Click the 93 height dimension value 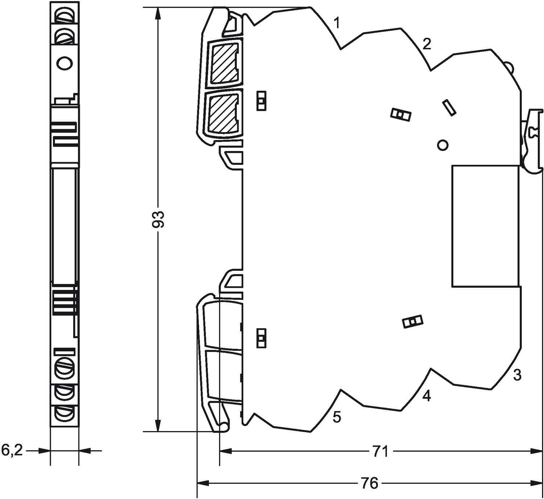pos(158,219)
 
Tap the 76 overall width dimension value pos(370,483)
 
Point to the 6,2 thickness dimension pos(12,451)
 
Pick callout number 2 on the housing pos(427,44)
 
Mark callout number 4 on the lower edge pos(427,396)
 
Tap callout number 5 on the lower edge pos(337,417)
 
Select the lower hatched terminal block pos(224,114)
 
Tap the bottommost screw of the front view pos(64,414)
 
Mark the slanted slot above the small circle pos(449,108)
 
